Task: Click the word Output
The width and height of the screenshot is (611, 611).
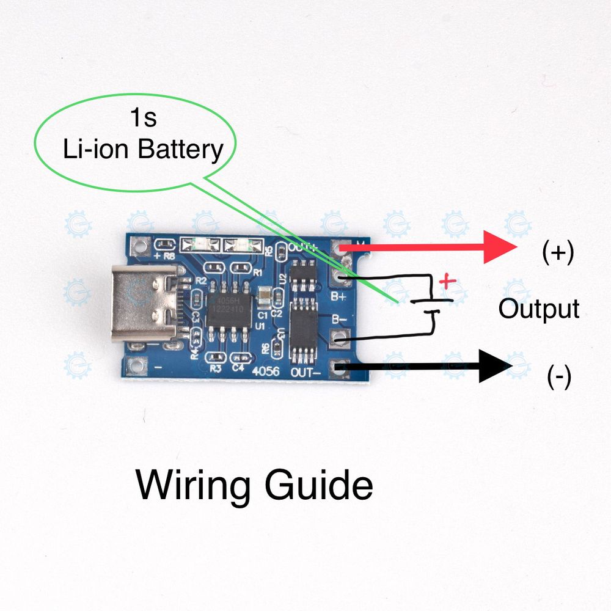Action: pyautogui.click(x=538, y=309)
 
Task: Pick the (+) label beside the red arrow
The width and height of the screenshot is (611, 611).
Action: pyautogui.click(x=558, y=252)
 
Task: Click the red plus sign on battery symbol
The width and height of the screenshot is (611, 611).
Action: pyautogui.click(x=448, y=282)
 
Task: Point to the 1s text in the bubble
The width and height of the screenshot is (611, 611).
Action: pyautogui.click(x=143, y=117)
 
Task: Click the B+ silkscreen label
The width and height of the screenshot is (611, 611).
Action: pyautogui.click(x=339, y=297)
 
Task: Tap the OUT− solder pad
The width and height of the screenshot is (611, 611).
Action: pyautogui.click(x=338, y=368)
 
